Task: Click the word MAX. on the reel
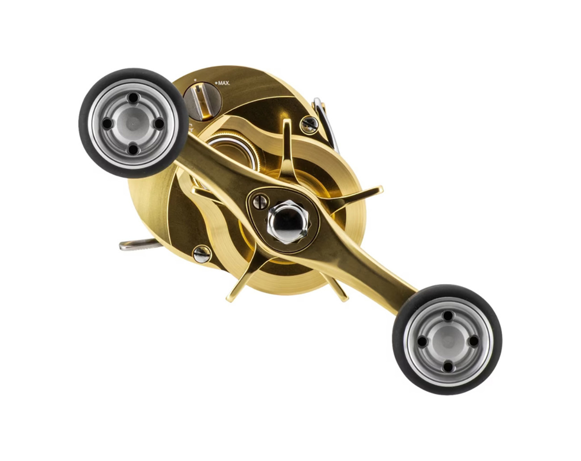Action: click(223, 83)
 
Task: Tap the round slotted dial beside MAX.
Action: click(202, 101)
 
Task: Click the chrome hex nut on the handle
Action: click(289, 222)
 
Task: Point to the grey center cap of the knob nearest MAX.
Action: click(132, 123)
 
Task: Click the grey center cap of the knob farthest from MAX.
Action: click(447, 342)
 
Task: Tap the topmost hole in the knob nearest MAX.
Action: click(133, 98)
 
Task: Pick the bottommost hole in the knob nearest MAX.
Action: click(133, 149)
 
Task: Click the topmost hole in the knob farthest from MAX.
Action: click(448, 316)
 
